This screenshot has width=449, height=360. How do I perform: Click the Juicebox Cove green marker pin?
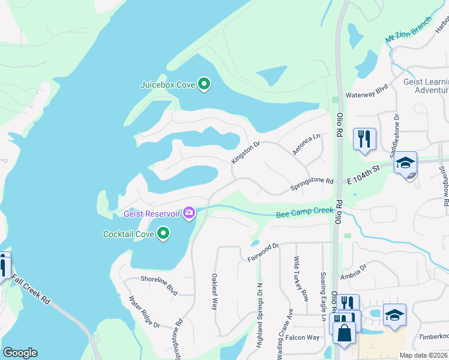click(x=204, y=85)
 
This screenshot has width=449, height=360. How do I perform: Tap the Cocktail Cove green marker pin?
click(x=163, y=233)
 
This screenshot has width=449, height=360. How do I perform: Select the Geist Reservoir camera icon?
click(x=190, y=213)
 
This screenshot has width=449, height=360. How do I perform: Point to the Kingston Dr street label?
click(x=245, y=152)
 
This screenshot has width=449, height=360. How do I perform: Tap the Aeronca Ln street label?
click(x=307, y=145)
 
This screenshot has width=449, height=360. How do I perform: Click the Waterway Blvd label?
click(x=367, y=95)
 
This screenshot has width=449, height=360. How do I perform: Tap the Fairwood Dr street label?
click(x=264, y=253)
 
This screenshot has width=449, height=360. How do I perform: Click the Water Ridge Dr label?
click(x=145, y=311)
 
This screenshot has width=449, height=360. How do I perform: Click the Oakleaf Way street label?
click(x=214, y=292)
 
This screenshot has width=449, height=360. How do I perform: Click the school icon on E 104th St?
click(x=405, y=163)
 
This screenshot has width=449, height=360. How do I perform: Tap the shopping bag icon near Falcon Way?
click(x=345, y=334)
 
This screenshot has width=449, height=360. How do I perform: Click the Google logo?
click(x=20, y=352)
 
